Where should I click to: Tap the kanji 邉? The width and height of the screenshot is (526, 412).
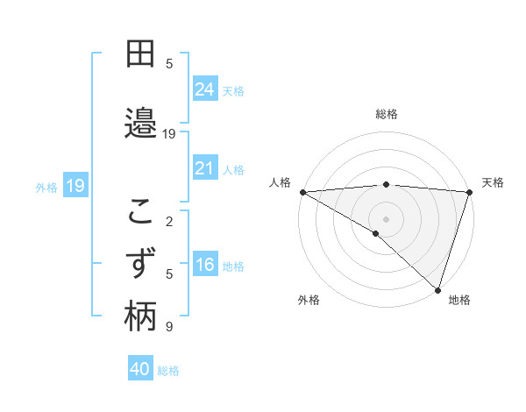click(140, 123)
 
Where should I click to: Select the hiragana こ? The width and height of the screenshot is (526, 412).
click(140, 210)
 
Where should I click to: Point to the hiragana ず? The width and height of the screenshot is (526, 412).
click(140, 263)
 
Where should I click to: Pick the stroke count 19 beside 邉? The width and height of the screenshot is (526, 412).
click(170, 134)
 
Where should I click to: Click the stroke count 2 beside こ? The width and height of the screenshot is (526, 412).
click(170, 221)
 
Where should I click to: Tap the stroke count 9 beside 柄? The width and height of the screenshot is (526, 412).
click(170, 327)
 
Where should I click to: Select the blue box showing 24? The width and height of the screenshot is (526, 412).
click(205, 89)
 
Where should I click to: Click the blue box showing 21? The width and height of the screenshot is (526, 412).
click(205, 168)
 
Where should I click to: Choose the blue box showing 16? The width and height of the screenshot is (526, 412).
click(205, 266)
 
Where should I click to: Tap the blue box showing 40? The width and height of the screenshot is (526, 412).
click(139, 369)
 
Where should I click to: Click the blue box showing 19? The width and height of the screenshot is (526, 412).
click(75, 186)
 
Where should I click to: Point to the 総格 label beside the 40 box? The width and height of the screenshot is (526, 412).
click(168, 371)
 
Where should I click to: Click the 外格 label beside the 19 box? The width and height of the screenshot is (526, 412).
click(46, 187)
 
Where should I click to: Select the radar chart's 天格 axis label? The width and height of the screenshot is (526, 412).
click(493, 182)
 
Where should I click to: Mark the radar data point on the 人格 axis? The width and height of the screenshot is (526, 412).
click(302, 192)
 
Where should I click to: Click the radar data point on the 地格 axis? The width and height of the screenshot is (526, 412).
click(437, 289)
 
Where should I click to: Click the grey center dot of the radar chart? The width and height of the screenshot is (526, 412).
click(386, 218)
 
